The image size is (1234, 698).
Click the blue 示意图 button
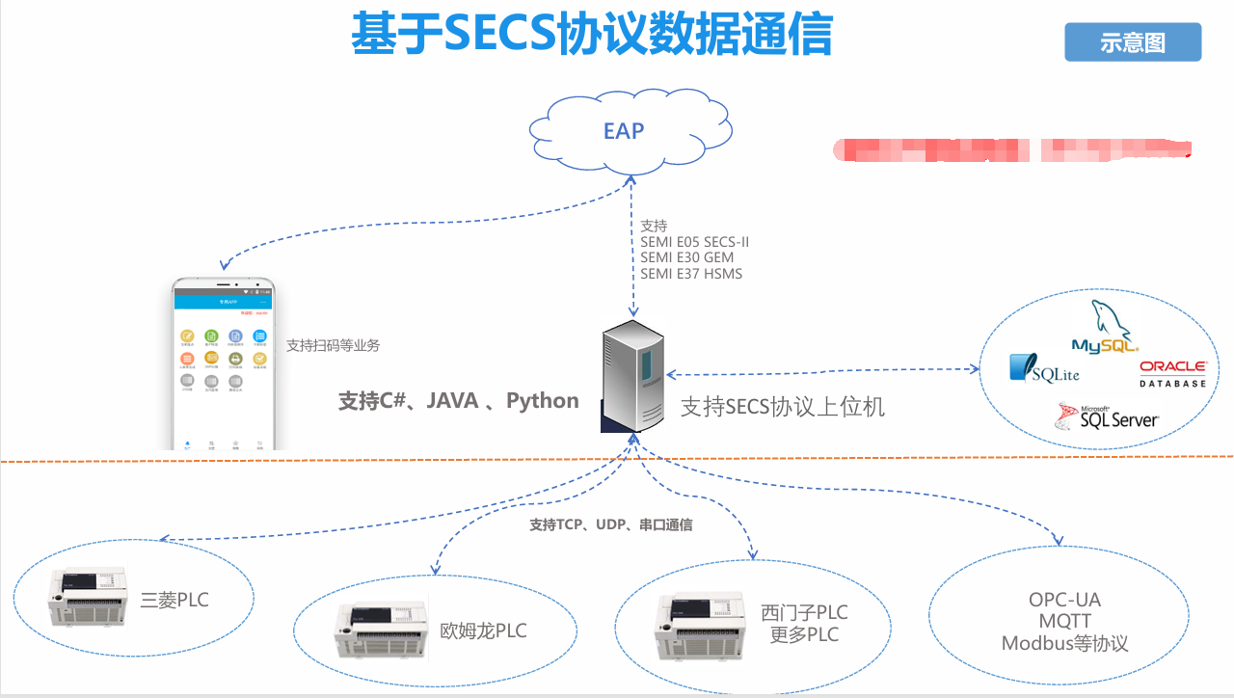1133,42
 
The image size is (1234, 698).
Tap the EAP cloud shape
624,131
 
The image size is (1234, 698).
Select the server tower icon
631,378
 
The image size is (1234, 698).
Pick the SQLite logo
1044,370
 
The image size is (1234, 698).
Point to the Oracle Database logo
1172,373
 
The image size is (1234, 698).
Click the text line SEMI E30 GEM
686,257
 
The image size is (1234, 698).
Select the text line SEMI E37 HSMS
691,274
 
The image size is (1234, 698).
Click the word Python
543,401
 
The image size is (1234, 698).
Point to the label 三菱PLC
174,601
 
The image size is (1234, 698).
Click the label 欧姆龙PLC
484,631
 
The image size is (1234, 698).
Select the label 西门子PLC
804,613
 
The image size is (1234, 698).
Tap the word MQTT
1065,622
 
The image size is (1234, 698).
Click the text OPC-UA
1064,600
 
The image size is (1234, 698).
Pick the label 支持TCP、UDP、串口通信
610,525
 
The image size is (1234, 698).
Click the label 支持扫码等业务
333,345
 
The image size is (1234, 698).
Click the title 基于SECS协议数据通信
590,36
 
